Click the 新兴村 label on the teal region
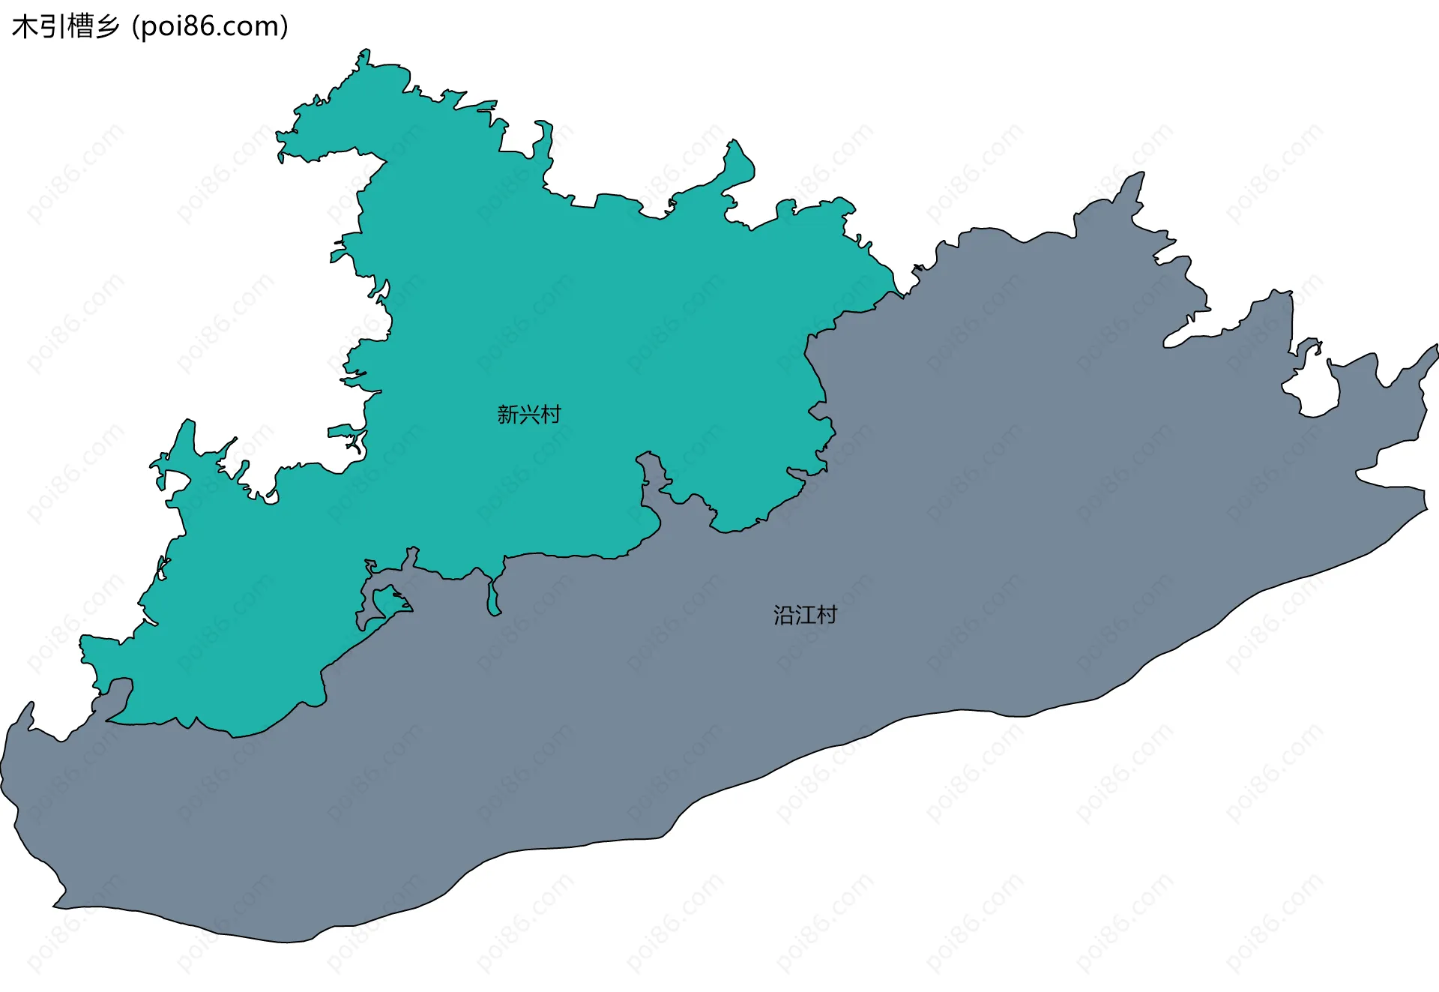click(528, 415)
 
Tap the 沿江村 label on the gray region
click(805, 616)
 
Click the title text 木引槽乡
click(66, 27)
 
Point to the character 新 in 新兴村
click(507, 415)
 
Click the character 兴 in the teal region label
click(529, 415)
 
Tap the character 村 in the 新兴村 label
click(550, 415)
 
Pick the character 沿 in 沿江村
click(784, 616)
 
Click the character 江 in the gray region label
click(805, 616)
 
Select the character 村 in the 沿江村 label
click(827, 616)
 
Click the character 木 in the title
click(25, 27)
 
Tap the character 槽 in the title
click(79, 27)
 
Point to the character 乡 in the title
click(107, 27)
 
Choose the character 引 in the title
click(52, 27)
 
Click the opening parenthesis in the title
click(135, 27)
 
